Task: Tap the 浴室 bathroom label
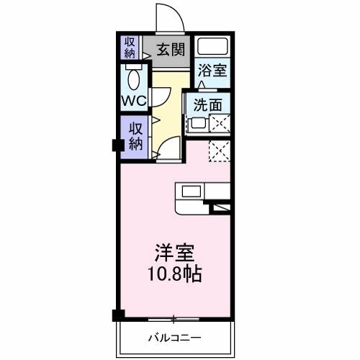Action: (x=213, y=71)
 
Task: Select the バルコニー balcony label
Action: (x=175, y=337)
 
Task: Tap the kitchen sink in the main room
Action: (x=192, y=191)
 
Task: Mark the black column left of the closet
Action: (x=116, y=144)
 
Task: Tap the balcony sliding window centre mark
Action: (x=174, y=318)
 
